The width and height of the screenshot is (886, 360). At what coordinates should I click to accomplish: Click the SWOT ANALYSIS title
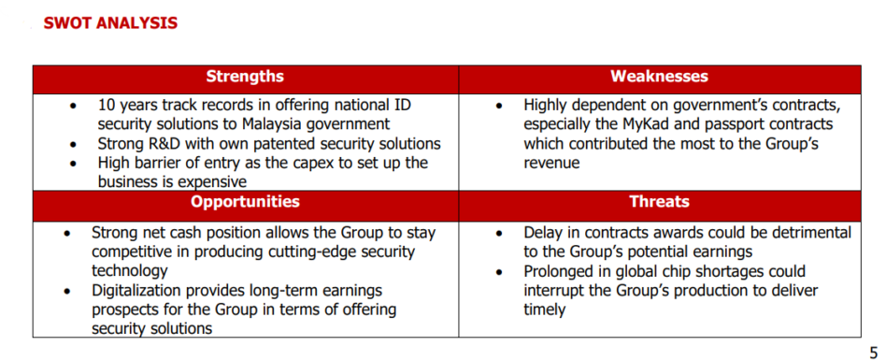point(110,22)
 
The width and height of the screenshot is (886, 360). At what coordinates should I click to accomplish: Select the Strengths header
point(245,77)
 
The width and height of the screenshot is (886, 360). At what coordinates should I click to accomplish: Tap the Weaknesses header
point(659,77)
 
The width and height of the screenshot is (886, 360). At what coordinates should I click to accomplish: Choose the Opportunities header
point(245,202)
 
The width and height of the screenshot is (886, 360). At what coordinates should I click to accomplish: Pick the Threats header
point(659,202)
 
